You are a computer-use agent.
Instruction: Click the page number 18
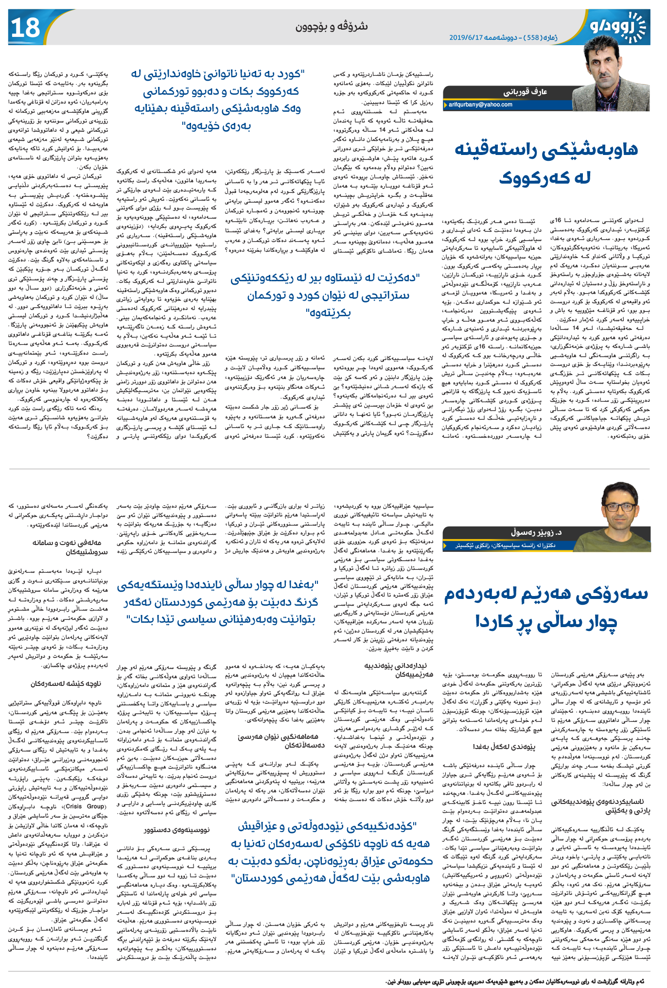25,28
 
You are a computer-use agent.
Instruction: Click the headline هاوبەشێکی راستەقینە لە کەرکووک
546,163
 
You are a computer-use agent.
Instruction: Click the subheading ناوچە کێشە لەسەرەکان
65,683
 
